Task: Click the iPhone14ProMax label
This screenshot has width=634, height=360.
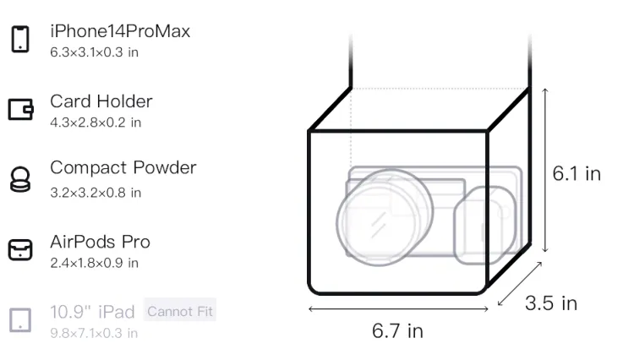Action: click(120, 31)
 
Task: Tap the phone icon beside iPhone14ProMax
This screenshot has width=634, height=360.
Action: click(20, 39)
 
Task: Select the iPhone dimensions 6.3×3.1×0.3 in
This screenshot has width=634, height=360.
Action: click(94, 52)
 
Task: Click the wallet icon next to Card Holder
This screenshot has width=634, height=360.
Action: click(20, 109)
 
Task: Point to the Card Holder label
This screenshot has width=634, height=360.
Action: click(101, 101)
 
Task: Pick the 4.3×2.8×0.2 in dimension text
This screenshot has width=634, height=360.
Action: click(96, 123)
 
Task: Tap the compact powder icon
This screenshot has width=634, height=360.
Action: click(19, 179)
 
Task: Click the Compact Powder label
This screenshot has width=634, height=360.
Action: click(123, 167)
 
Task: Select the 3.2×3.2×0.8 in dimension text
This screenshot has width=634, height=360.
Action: click(96, 193)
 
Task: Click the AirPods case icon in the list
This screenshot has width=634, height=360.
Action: click(20, 249)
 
